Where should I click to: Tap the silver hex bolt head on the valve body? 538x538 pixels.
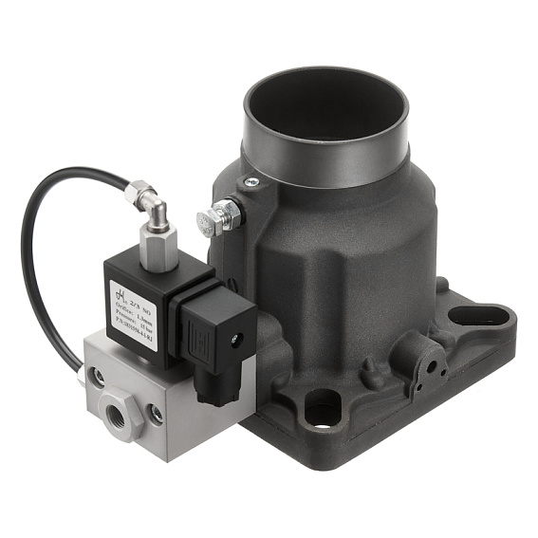(x=211, y=222)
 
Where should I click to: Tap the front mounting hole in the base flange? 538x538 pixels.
(x=322, y=407)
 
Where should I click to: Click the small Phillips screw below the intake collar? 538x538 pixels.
(x=250, y=182)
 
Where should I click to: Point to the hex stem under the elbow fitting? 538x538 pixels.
(x=158, y=244)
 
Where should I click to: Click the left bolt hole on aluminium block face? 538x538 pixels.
(x=96, y=378)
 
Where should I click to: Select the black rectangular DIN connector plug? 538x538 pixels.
(x=221, y=328)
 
